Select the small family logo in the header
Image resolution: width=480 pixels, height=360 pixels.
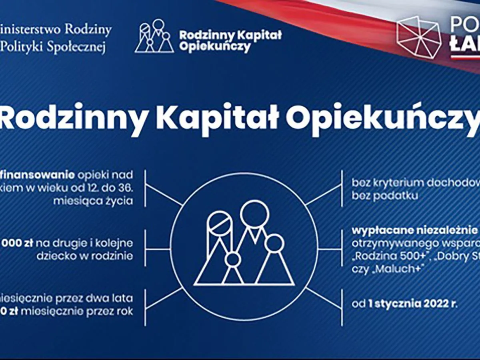point(154,36)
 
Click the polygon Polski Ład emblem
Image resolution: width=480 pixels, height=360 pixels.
point(418,37)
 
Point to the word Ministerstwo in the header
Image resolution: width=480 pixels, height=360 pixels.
point(28,30)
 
